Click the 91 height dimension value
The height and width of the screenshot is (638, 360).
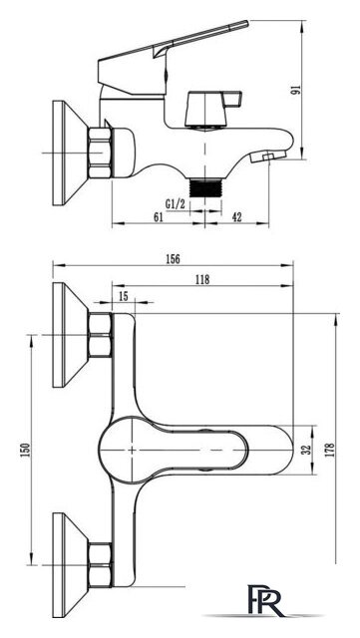(x=295, y=90)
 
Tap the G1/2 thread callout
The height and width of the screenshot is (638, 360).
(x=176, y=203)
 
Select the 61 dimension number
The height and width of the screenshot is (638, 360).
(x=159, y=217)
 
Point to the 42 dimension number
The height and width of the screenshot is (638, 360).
(x=236, y=217)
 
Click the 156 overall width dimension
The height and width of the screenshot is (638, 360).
(x=173, y=259)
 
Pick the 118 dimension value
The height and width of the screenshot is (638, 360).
(x=202, y=279)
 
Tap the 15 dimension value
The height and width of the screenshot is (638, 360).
(x=123, y=296)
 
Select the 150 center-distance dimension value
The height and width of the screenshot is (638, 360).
(x=25, y=450)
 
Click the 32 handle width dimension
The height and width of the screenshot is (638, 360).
(x=307, y=450)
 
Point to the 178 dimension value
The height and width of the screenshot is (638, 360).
(x=330, y=450)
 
